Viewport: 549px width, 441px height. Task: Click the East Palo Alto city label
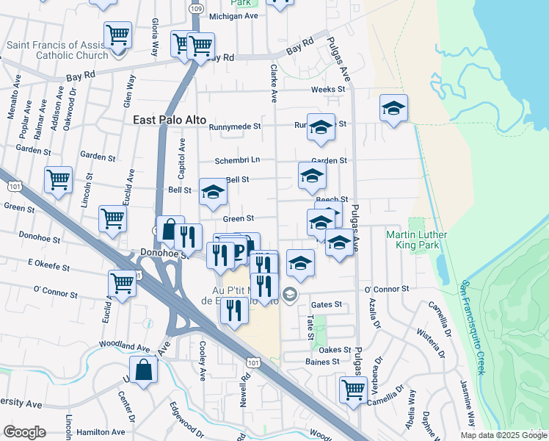pyautogui.click(x=170, y=120)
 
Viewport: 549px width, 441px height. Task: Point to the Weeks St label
pyautogui.click(x=327, y=90)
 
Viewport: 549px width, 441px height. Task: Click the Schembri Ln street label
pyautogui.click(x=237, y=160)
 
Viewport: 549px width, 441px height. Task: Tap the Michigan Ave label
pyautogui.click(x=233, y=15)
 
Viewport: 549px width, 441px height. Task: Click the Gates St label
pyautogui.click(x=327, y=304)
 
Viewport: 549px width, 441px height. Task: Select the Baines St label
pyautogui.click(x=322, y=361)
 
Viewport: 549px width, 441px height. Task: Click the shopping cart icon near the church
pyautogui.click(x=117, y=35)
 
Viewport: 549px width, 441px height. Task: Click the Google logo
pyautogui.click(x=25, y=432)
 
